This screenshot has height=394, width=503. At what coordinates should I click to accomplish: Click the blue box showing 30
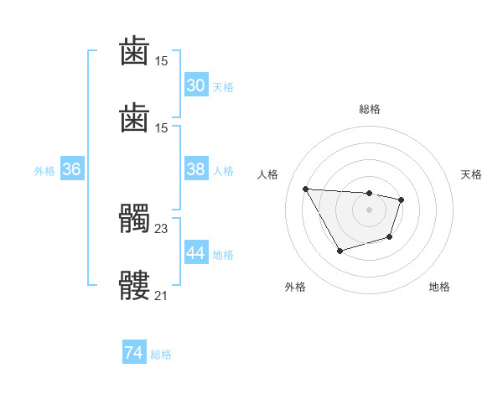[195, 86]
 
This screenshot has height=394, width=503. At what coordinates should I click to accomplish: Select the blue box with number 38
[195, 169]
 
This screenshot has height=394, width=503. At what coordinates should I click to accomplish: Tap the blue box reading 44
[195, 253]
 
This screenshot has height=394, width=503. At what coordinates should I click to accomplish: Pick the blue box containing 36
[71, 169]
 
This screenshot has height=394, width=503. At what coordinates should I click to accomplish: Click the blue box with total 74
[133, 353]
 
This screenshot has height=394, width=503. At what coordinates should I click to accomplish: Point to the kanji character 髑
[135, 220]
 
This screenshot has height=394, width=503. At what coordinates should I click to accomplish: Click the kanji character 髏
[135, 286]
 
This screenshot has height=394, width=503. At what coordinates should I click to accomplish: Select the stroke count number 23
[162, 227]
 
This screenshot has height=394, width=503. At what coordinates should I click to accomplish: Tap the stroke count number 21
[162, 295]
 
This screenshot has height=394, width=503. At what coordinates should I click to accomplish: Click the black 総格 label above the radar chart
[369, 109]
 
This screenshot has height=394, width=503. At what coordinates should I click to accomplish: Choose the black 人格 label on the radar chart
[268, 174]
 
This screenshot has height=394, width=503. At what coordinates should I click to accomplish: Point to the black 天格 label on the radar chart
[471, 174]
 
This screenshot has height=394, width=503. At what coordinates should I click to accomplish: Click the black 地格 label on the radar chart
[439, 287]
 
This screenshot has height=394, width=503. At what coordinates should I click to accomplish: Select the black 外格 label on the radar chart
[295, 287]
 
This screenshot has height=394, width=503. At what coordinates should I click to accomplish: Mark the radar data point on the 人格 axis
[305, 189]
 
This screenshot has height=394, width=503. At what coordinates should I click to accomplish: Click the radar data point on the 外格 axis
[340, 251]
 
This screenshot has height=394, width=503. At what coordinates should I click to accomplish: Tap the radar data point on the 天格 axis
[402, 200]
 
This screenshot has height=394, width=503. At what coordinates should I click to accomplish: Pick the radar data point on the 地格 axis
[390, 238]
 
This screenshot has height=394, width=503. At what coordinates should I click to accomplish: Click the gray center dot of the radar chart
[369, 210]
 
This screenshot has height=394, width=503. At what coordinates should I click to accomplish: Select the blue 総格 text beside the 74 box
[161, 355]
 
